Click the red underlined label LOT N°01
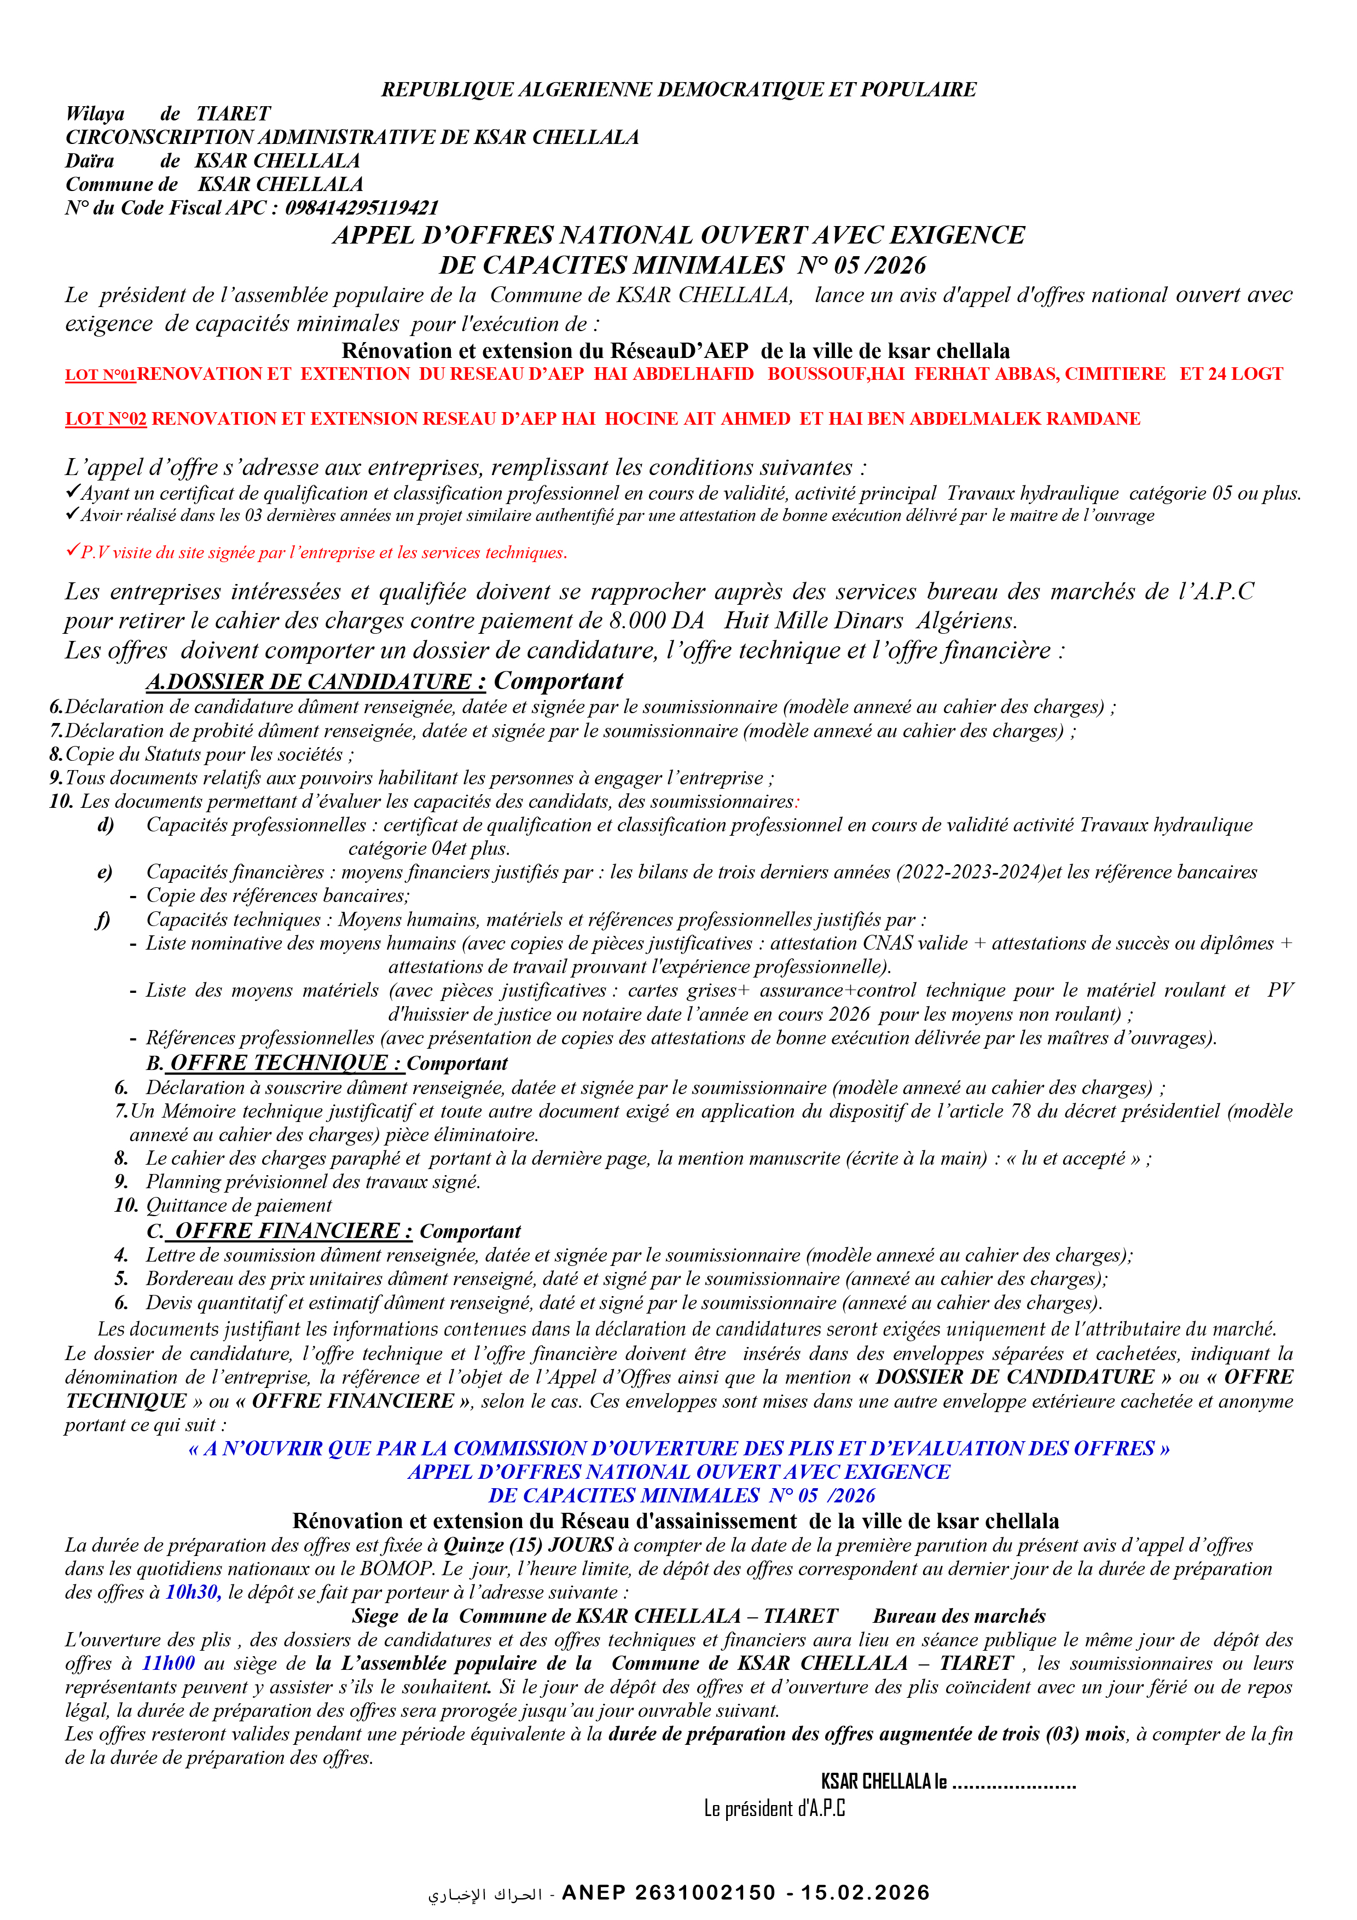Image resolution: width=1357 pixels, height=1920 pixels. (100, 374)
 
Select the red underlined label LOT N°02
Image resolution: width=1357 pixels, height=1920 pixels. (106, 419)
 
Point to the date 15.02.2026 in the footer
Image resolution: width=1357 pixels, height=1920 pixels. (866, 1893)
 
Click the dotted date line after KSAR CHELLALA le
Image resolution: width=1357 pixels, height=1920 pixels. (1013, 1782)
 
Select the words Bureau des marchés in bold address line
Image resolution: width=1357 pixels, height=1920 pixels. (959, 1616)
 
